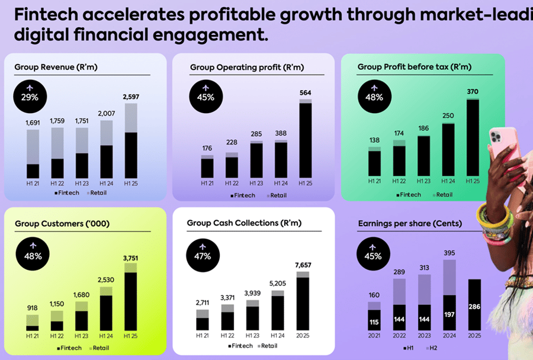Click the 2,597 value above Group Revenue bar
(131, 97)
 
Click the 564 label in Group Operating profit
(306, 92)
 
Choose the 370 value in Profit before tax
(473, 92)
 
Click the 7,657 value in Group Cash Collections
(303, 264)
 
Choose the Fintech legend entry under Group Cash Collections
(241, 346)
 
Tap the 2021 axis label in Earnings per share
(374, 336)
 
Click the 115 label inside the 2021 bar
(374, 323)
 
